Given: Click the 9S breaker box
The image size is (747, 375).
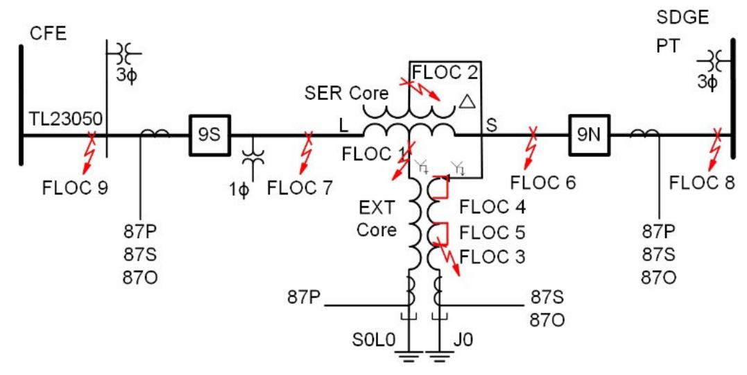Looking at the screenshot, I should click(209, 135).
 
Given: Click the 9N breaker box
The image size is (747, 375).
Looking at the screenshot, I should click(588, 135).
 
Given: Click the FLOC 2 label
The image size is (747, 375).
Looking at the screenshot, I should click(443, 71).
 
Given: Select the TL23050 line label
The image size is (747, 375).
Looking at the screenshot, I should click(66, 120).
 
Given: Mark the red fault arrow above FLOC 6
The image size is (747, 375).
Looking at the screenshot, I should click(532, 149).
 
